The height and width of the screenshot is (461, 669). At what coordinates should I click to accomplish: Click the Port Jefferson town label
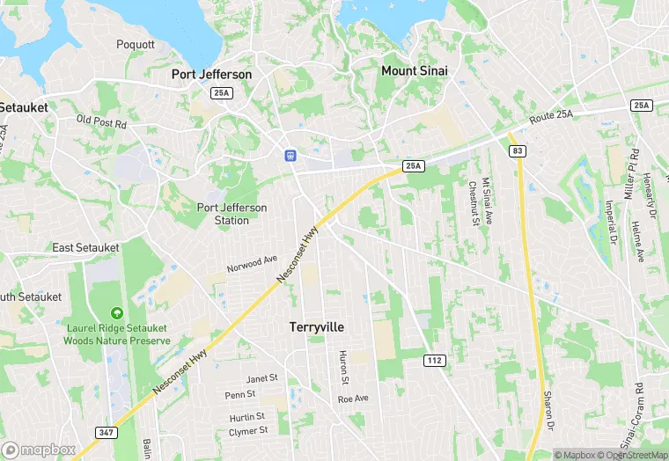(211, 75)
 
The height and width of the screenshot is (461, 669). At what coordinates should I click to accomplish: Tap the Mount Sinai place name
(416, 70)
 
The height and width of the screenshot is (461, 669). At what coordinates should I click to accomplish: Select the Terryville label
(317, 326)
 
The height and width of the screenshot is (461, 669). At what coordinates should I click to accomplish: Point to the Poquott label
(136, 44)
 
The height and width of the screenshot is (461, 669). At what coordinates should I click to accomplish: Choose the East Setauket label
(85, 247)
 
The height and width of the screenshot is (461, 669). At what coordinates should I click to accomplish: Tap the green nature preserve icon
(115, 313)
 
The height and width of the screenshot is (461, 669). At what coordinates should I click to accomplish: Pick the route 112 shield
(433, 360)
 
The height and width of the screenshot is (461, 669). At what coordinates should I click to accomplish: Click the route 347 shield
(107, 433)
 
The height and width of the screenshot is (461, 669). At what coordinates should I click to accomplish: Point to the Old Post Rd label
(101, 122)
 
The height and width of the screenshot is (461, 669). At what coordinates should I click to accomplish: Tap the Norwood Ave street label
(252, 263)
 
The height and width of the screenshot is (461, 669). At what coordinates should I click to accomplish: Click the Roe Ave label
(352, 399)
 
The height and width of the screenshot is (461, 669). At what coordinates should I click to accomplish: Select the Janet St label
(261, 377)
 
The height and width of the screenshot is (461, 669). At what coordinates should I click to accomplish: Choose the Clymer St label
(247, 431)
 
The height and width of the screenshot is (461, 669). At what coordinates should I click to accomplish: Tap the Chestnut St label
(473, 204)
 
